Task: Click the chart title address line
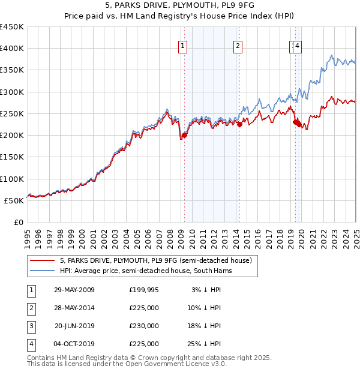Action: (179, 6)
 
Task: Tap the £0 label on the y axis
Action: (19, 222)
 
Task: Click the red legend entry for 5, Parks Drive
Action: (158, 260)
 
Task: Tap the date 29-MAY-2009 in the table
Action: (74, 290)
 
